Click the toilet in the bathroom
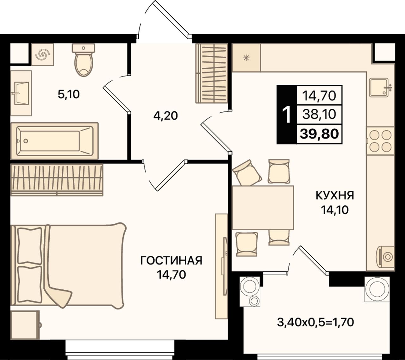(x=84, y=60)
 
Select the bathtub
(x=54, y=141)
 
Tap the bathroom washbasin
(x=21, y=93)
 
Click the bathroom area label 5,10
(x=69, y=94)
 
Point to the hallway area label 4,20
(x=165, y=116)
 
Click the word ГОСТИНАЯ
(x=171, y=261)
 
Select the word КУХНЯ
(x=335, y=195)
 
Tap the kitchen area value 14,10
(x=335, y=210)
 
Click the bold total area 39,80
(x=319, y=133)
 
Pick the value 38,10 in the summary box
(x=319, y=115)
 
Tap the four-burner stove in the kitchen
(x=380, y=141)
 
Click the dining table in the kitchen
(x=263, y=208)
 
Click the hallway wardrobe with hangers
(x=212, y=73)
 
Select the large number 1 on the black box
(x=287, y=115)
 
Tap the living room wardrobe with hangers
(x=57, y=180)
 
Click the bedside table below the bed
(x=25, y=325)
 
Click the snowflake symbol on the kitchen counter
(x=246, y=58)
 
